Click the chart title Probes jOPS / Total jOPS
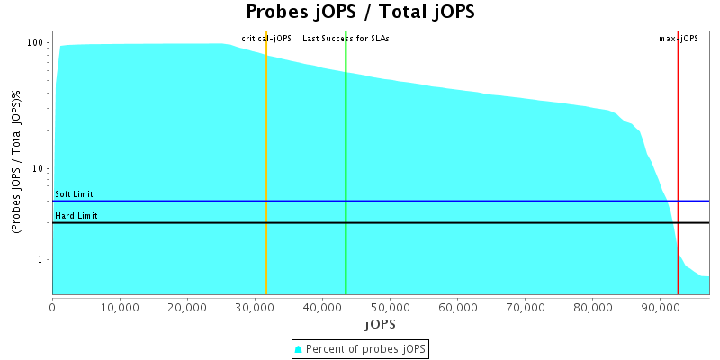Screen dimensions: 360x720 click(x=360, y=13)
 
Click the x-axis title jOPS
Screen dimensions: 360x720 click(x=379, y=323)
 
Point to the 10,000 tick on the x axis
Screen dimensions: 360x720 click(x=120, y=307)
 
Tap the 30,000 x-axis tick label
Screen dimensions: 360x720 click(x=255, y=307)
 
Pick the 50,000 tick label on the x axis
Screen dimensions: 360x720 click(x=390, y=307)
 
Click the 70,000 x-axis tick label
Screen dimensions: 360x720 click(x=525, y=307)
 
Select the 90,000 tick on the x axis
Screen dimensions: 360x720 click(x=660, y=307)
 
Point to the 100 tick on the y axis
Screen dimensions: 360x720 click(x=36, y=43)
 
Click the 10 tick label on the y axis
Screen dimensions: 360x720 click(x=40, y=169)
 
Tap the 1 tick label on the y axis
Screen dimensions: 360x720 click(x=42, y=260)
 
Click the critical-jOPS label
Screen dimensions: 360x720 click(x=266, y=39)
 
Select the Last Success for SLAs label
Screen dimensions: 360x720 click(x=346, y=39)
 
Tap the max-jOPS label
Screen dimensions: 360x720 click(x=679, y=39)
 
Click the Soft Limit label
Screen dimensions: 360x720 click(x=74, y=194)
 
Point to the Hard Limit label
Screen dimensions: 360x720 click(x=76, y=216)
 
